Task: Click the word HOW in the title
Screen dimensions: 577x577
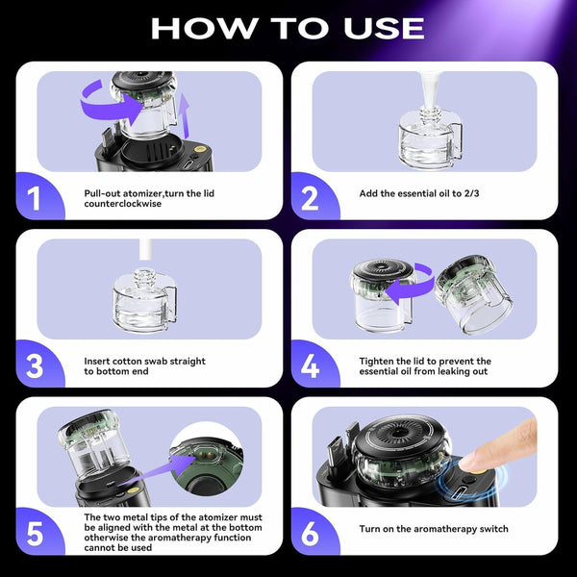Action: pos(200,27)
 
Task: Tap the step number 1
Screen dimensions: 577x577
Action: pos(34,199)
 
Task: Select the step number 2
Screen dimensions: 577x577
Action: pos(311,199)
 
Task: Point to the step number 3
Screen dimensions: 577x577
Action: pos(34,366)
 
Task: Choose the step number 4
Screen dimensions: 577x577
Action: pos(311,366)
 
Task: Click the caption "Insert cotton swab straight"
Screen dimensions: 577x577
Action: pos(145,361)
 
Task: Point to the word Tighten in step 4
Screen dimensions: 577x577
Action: pos(378,361)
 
